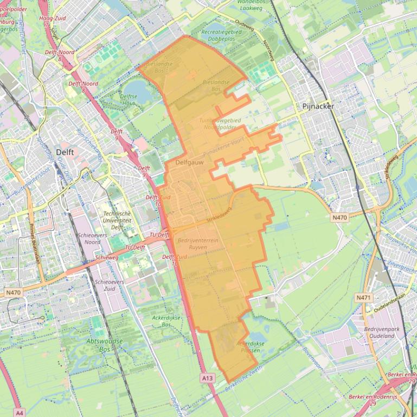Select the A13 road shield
coord(207,377)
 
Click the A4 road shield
coord(20,413)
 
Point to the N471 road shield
coord(363,298)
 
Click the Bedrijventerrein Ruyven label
coord(198,243)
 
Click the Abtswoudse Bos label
coord(105,345)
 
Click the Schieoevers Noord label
coord(93,239)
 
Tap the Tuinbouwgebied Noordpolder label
coord(218,123)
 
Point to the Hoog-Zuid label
coord(53,18)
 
